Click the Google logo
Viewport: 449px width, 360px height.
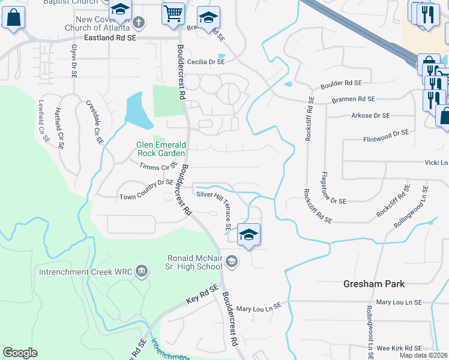coord(20,353)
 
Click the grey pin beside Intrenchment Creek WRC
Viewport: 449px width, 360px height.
coord(142,271)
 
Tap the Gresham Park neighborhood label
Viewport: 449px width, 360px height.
coord(373,284)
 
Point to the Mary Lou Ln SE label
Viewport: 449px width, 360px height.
coord(259,307)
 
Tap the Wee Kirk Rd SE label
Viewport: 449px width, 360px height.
coord(399,348)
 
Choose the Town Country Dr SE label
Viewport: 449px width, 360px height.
coord(146,197)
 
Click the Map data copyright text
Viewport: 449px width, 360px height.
coord(424,355)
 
